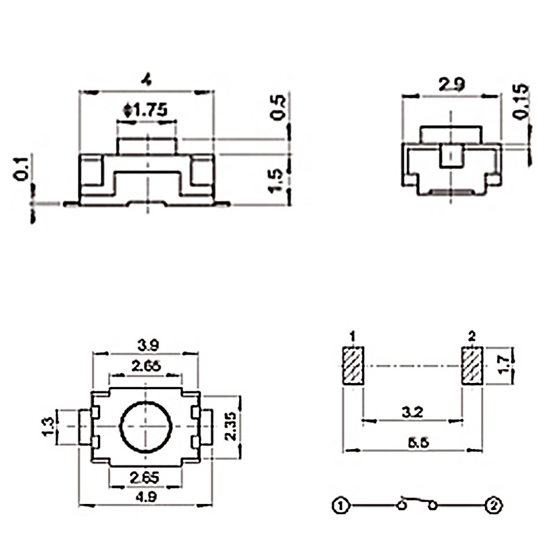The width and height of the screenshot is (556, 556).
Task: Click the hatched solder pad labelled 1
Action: tap(353, 365)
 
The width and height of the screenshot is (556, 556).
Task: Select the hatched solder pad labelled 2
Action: tap(472, 365)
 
